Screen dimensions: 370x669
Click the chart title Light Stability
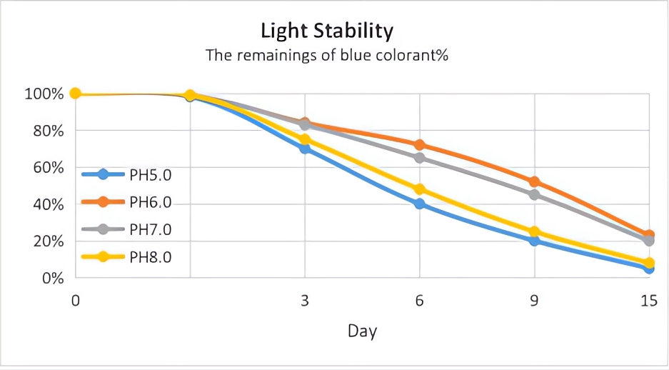(327, 31)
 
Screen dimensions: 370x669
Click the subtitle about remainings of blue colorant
(326, 55)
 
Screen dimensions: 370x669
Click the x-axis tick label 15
(648, 301)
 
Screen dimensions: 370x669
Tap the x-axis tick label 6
(419, 301)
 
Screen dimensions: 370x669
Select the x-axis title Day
(362, 331)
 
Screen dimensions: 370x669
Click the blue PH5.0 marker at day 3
(305, 149)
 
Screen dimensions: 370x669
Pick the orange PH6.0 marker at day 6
(419, 145)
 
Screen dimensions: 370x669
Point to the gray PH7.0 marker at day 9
(534, 194)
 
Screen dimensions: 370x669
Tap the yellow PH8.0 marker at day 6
(419, 189)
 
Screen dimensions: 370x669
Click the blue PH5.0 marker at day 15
(648, 268)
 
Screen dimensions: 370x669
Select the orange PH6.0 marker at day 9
(534, 181)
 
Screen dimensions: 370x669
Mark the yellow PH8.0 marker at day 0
(75, 94)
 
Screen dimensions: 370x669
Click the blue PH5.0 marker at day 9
(534, 241)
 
